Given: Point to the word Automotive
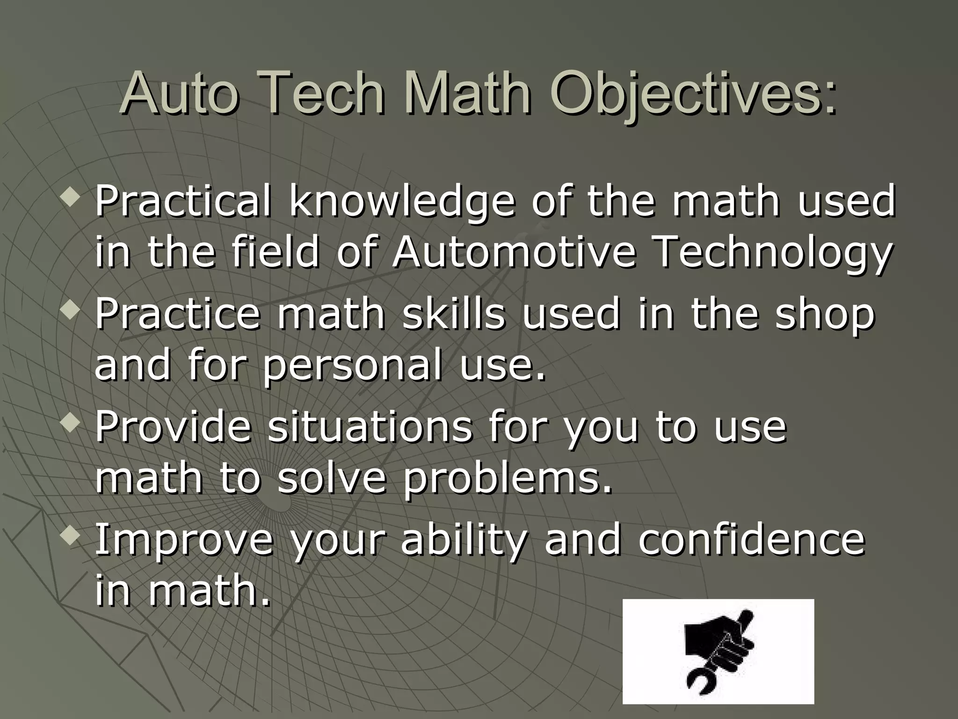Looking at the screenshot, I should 514,253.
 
